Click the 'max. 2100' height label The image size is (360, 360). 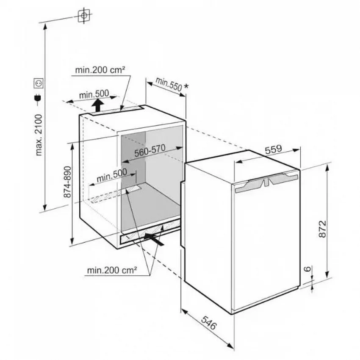(39, 135)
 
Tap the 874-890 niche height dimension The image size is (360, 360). (67, 182)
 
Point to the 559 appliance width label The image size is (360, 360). (273, 149)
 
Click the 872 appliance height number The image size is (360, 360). (322, 229)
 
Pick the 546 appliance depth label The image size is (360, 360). (209, 323)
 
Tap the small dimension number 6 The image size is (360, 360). (307, 269)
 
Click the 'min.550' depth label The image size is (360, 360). (169, 84)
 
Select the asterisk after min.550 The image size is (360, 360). (186, 86)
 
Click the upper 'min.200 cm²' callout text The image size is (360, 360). (100, 70)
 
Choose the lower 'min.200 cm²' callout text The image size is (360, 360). (112, 270)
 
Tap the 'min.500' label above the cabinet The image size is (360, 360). (94, 94)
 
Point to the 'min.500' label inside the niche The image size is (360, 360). (112, 175)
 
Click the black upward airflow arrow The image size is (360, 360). (97, 105)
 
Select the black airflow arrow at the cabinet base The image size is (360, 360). (154, 239)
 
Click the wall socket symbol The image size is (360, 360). (39, 83)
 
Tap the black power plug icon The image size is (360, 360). (37, 98)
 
